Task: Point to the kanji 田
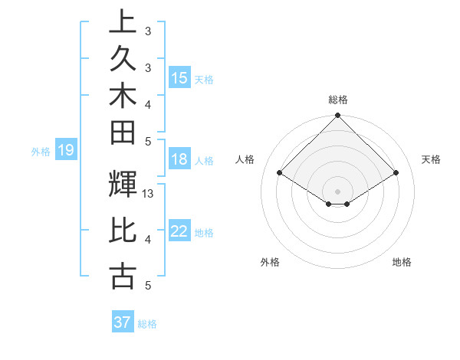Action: click(123, 133)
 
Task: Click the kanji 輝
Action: click(123, 184)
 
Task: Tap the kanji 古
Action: click(123, 275)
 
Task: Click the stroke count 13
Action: click(149, 194)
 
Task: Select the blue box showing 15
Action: click(179, 78)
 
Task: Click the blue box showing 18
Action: click(179, 160)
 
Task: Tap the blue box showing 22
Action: click(179, 231)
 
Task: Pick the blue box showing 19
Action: click(65, 150)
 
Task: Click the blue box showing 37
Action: click(123, 322)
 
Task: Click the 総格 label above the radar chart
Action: click(338, 100)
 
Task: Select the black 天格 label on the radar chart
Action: click(431, 159)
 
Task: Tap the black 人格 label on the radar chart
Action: click(245, 159)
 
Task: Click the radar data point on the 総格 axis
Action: click(338, 116)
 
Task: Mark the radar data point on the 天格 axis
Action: click(396, 173)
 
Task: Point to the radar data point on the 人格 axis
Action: click(280, 173)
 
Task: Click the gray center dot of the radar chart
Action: click(338, 191)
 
